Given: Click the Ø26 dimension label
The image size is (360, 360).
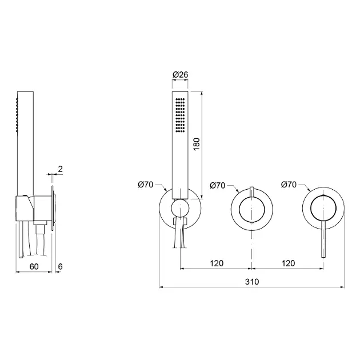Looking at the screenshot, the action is click(180, 75).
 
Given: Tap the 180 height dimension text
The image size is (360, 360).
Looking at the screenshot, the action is click(197, 144).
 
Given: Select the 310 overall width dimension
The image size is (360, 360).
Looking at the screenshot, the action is click(252, 282).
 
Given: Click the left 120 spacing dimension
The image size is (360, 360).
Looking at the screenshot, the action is click(217, 263).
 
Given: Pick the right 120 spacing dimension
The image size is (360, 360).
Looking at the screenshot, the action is click(288, 263).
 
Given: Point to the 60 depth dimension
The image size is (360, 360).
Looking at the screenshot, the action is click(34, 266).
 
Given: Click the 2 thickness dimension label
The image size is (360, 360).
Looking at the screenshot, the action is click(60, 169).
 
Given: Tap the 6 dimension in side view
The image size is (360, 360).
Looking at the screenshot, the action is click(60, 266).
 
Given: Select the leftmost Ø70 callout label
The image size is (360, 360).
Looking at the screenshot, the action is click(146, 185).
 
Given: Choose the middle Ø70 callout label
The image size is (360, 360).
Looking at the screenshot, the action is click(217, 185).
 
